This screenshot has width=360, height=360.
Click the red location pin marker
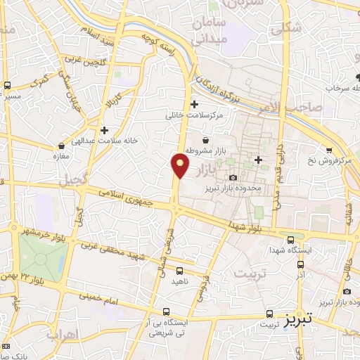[x=181, y=165]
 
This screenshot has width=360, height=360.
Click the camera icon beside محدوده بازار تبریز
[x=233, y=176]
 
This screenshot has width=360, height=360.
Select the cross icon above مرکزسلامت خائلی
[x=194, y=105]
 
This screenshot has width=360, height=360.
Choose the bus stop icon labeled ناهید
[x=179, y=270]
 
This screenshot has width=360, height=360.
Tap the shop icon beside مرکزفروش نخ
[x=329, y=150]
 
